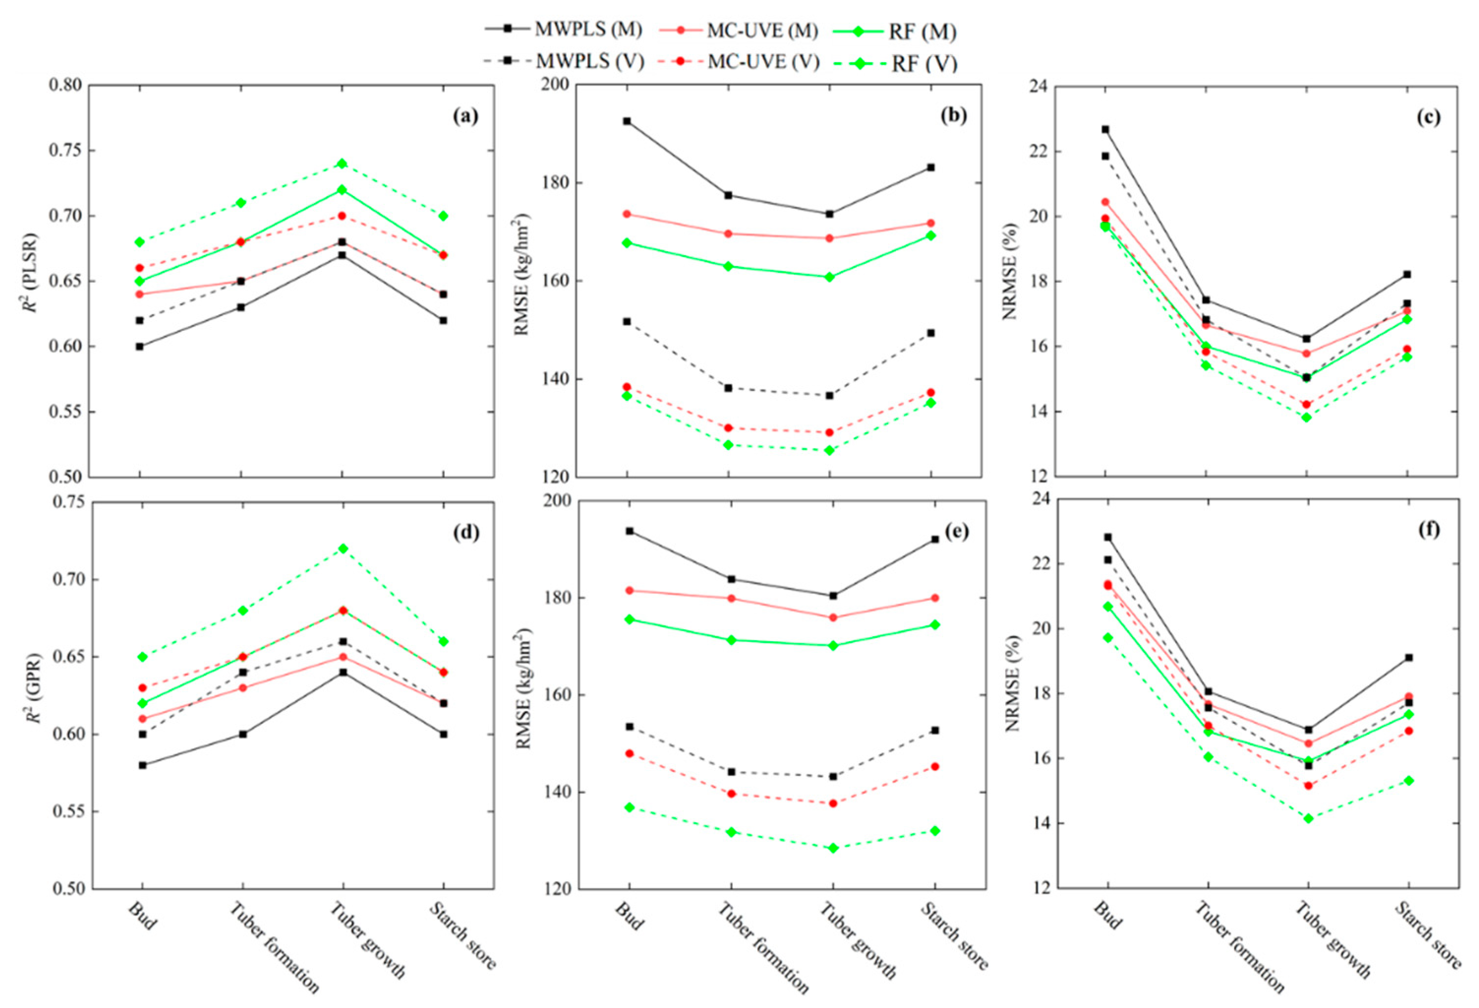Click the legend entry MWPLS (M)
coord(564,30)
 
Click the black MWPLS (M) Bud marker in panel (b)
coord(627,121)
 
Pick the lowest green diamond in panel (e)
coord(833,848)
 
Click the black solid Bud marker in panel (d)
coord(143,765)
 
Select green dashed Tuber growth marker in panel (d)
coord(343,548)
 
